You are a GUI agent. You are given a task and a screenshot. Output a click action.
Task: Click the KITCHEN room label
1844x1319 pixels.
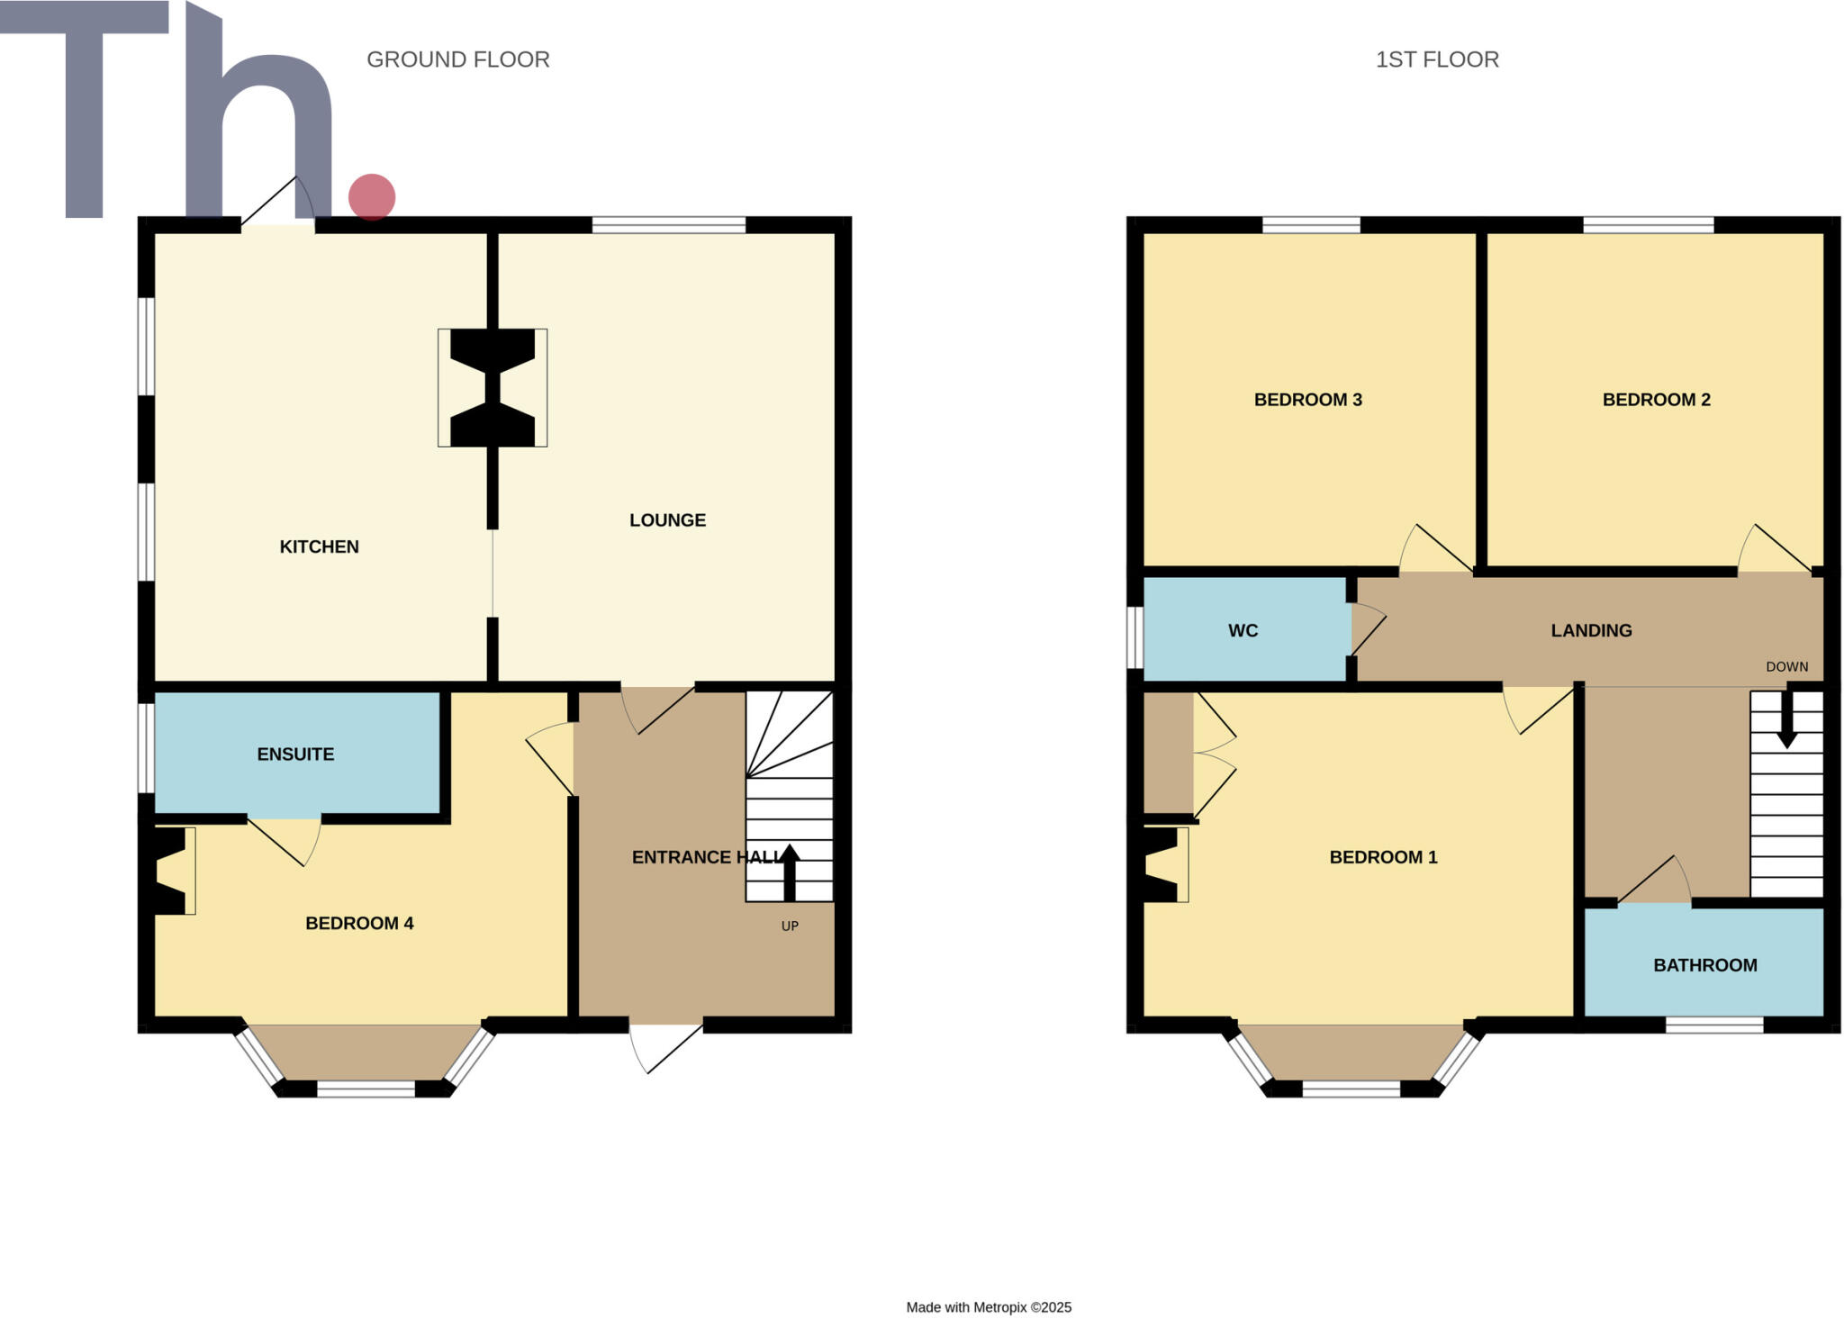(319, 547)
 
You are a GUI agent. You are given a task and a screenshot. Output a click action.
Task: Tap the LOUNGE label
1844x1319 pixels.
(667, 520)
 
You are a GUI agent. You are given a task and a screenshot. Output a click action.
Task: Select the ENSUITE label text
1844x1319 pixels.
(295, 754)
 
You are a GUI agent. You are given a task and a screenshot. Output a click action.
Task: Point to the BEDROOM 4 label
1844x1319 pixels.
(359, 923)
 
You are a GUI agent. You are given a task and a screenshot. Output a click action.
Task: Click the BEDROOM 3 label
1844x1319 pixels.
(1307, 400)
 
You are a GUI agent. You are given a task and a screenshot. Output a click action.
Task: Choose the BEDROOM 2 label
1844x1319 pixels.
(1656, 400)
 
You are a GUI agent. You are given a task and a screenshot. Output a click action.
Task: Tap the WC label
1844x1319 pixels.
(1243, 631)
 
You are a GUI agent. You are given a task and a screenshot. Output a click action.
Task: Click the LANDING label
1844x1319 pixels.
(1591, 631)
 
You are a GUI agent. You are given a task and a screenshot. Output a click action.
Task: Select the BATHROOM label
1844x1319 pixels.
(1704, 965)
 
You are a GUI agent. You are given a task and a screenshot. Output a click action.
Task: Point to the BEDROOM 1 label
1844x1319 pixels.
(1383, 857)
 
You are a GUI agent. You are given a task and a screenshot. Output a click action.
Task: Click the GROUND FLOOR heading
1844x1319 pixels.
(457, 59)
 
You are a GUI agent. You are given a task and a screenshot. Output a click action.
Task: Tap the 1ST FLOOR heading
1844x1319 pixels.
(1437, 59)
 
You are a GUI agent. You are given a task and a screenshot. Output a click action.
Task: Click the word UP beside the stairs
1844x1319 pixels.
(790, 926)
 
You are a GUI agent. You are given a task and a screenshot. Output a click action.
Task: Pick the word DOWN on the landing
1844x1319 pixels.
(1786, 667)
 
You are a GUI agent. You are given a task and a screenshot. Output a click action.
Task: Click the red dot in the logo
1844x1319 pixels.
(372, 197)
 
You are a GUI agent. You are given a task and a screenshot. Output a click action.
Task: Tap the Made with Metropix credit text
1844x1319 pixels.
(989, 1307)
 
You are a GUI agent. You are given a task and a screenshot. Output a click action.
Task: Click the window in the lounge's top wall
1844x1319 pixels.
(668, 225)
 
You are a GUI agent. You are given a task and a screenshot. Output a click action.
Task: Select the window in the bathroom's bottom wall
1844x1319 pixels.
(1713, 1025)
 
